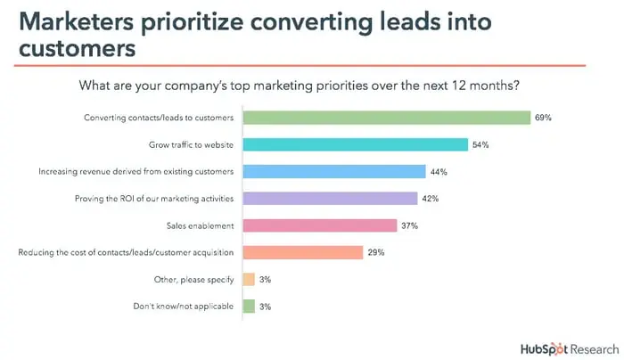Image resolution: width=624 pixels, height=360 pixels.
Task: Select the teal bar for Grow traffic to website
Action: click(356, 144)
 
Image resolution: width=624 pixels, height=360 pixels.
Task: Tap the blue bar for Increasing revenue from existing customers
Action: click(334, 171)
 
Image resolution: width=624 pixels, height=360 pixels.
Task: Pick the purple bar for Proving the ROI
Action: click(330, 198)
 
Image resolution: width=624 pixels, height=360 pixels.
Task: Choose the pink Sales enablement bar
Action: click(319, 225)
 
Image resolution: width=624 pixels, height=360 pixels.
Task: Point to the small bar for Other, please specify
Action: click(249, 279)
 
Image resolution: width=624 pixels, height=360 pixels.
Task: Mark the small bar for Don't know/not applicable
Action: click(249, 306)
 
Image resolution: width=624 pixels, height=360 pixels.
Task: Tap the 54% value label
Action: click(481, 144)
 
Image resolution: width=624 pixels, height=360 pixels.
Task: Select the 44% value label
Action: click(439, 171)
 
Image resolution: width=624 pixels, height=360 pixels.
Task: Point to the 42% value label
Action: click(431, 198)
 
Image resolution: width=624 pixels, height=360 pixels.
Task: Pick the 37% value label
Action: click(409, 225)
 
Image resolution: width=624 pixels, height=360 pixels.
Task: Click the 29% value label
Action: click(376, 252)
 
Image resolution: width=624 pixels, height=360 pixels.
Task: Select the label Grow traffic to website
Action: click(191, 144)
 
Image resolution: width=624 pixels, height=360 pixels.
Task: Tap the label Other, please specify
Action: click(195, 279)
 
